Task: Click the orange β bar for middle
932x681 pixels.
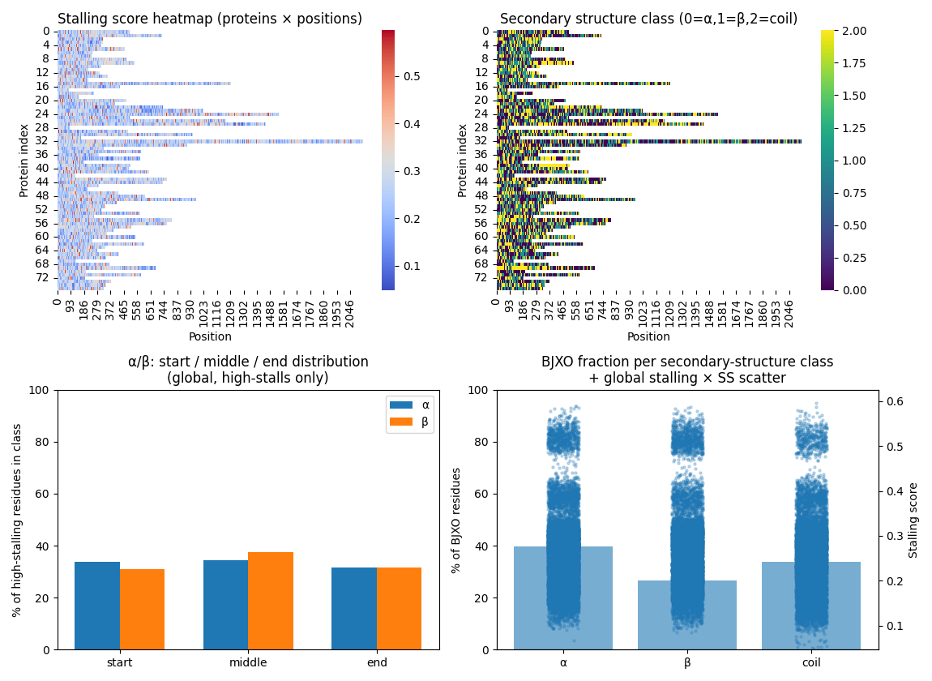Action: (271, 601)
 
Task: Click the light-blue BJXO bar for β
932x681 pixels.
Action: (687, 615)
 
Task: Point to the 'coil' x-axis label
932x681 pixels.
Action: (811, 662)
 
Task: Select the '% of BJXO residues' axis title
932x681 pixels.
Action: (456, 520)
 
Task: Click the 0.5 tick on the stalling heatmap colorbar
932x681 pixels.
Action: (413, 76)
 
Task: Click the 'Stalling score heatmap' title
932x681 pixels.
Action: (210, 19)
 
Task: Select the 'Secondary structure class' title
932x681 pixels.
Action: (648, 19)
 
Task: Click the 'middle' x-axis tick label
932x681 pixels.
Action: (248, 662)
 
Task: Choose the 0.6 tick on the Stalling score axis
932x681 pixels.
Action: (896, 401)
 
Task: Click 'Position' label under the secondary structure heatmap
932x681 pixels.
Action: (648, 336)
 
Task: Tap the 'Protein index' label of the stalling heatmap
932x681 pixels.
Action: (24, 161)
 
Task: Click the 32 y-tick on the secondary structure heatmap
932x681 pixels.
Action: (484, 140)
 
